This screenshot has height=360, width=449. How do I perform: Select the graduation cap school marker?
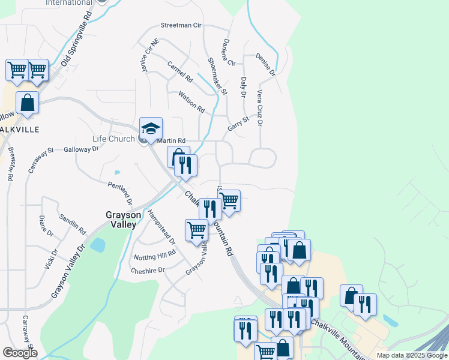point(151,128)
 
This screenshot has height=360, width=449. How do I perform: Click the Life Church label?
point(113,139)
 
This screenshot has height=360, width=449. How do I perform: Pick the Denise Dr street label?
point(265,65)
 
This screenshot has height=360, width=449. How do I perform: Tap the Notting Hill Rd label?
point(155,254)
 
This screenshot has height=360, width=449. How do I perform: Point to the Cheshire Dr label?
point(147,271)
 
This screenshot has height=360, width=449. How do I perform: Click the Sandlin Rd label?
point(73,223)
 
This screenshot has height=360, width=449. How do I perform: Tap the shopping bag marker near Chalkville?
point(28,103)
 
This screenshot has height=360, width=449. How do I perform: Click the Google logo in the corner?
point(19,353)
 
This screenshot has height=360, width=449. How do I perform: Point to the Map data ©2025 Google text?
point(411,355)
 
